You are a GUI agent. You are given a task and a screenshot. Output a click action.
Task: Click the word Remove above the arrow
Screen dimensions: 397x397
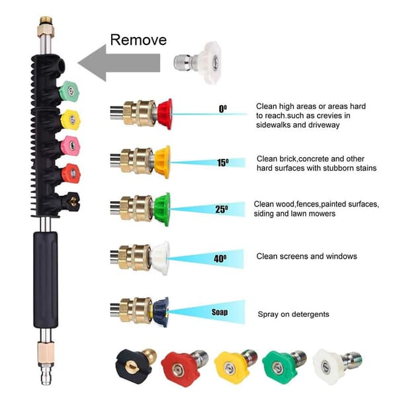(138, 40)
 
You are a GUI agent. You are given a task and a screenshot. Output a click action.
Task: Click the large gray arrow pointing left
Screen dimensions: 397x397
(119, 63)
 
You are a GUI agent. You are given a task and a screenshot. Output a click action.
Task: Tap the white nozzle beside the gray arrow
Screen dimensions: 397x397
(197, 62)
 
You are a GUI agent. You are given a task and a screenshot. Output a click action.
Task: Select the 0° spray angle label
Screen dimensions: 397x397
(223, 109)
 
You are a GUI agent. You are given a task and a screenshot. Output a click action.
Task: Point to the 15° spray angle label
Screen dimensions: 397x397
(223, 163)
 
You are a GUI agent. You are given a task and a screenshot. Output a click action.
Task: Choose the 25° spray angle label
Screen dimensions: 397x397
(222, 209)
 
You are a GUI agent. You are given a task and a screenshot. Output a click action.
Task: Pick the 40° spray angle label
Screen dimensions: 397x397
(220, 259)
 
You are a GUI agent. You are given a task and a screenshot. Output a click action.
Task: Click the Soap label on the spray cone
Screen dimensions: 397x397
(220, 312)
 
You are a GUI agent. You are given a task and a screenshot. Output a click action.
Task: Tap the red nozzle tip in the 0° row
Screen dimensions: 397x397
(165, 114)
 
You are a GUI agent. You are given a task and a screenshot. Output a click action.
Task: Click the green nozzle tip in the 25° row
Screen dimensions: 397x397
(162, 209)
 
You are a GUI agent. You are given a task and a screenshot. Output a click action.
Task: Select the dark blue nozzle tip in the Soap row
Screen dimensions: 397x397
(161, 312)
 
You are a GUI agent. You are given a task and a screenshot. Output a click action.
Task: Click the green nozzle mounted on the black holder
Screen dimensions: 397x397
(69, 91)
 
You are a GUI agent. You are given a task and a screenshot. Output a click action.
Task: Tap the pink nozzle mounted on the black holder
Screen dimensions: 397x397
(70, 146)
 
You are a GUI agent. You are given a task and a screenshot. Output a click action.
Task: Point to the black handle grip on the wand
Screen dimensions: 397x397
(46, 280)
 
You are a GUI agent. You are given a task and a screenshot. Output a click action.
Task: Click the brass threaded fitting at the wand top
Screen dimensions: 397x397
(46, 26)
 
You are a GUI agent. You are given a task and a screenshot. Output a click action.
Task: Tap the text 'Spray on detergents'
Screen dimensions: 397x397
(293, 314)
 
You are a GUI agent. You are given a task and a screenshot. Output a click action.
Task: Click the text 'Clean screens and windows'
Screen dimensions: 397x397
(306, 256)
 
